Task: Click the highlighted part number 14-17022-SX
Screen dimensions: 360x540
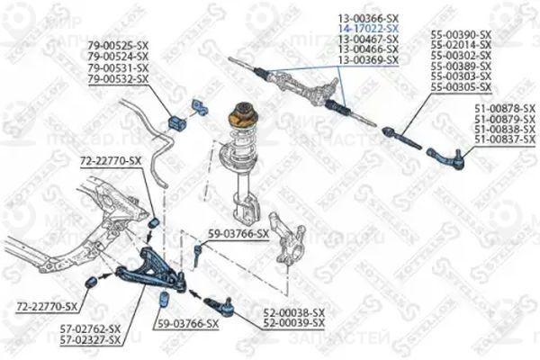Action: pos(368,27)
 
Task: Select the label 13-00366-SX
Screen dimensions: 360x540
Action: pos(368,17)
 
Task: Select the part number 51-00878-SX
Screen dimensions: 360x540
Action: pos(504,110)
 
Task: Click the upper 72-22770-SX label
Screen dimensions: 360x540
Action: pos(111,160)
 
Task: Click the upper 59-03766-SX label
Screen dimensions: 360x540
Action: pos(238,234)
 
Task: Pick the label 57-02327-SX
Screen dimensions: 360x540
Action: pos(90,340)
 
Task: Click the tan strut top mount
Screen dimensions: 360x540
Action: pos(244,114)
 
